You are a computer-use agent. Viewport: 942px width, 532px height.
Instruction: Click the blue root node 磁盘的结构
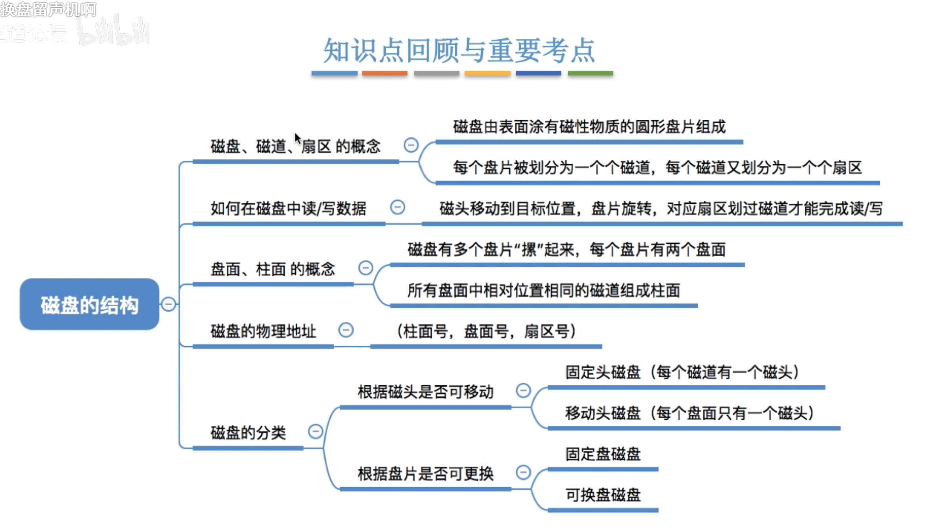click(x=90, y=304)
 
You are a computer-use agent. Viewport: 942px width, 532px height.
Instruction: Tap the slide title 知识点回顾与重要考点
click(x=459, y=51)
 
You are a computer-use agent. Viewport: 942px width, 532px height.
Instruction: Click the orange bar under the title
click(x=384, y=73)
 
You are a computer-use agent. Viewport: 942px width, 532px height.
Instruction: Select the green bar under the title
click(x=590, y=73)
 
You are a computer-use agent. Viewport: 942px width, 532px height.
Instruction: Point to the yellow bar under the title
click(x=487, y=73)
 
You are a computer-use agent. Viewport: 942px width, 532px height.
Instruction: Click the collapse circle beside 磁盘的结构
click(x=168, y=304)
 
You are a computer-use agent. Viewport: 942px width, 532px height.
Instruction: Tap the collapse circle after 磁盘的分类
click(x=315, y=431)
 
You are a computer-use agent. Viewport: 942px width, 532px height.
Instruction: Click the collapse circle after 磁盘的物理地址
click(x=346, y=330)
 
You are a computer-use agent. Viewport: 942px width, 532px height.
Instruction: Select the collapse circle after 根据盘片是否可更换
click(x=523, y=472)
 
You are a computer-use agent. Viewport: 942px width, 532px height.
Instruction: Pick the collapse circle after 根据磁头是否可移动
click(x=523, y=390)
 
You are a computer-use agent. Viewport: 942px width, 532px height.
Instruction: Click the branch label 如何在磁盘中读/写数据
click(x=288, y=209)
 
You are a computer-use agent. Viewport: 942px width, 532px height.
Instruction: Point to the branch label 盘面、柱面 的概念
click(x=273, y=270)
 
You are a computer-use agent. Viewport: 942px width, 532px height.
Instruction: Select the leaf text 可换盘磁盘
click(x=603, y=495)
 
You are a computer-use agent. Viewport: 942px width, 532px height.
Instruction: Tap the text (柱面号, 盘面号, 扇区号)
click(x=486, y=331)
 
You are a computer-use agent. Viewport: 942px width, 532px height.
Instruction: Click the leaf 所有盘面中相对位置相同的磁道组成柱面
click(x=544, y=291)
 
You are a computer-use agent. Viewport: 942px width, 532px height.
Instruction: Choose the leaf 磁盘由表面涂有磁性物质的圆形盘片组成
click(x=589, y=127)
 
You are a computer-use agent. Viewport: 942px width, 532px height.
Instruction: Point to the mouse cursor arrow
click(x=298, y=139)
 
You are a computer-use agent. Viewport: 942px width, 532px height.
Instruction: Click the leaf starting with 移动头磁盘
click(x=689, y=413)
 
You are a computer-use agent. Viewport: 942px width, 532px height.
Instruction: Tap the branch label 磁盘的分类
click(x=248, y=433)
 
